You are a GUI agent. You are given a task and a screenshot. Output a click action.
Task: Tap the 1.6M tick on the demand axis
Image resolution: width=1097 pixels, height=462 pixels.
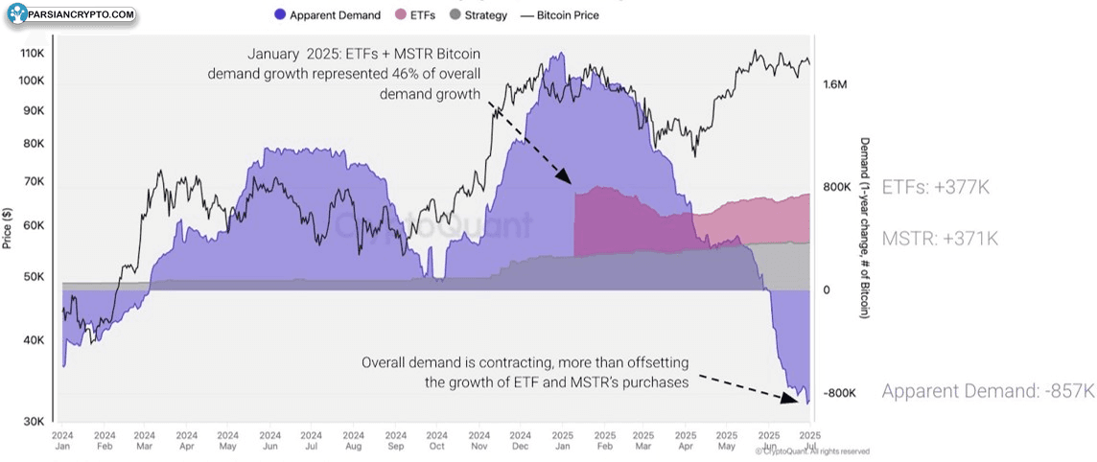tap(835, 84)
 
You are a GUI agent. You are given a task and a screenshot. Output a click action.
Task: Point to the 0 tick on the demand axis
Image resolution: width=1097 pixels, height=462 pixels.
tap(827, 289)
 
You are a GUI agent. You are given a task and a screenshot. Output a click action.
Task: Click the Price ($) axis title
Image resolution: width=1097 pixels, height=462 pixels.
tap(8, 227)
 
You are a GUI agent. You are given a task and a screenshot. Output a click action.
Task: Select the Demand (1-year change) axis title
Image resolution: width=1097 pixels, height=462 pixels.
tap(864, 227)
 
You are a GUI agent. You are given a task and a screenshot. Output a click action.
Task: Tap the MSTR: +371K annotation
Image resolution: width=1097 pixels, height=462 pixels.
tap(939, 239)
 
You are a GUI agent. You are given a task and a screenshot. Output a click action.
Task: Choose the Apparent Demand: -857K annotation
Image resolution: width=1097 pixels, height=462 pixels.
tap(988, 391)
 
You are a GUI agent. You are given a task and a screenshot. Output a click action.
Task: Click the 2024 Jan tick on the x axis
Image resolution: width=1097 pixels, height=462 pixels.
tap(62, 440)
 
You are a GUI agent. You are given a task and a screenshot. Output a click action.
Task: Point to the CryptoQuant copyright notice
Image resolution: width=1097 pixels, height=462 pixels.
tap(812, 451)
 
